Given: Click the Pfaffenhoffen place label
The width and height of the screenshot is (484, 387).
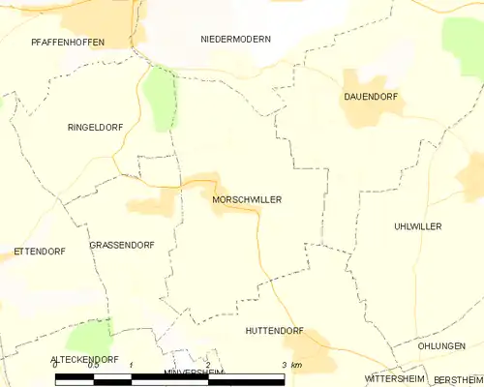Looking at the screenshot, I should [x=68, y=43].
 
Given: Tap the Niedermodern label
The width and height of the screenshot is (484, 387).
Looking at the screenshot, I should [x=235, y=39].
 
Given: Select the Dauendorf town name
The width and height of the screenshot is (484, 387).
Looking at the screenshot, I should [x=371, y=97].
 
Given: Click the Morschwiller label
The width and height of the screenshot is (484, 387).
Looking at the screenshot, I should [x=246, y=199].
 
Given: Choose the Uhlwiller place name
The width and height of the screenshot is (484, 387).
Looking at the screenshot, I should [x=418, y=225].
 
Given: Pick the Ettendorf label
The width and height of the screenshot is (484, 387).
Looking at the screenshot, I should [x=39, y=252].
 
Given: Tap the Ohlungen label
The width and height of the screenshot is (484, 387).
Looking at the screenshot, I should [x=440, y=345].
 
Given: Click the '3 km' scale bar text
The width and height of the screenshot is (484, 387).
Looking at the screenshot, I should [x=291, y=365].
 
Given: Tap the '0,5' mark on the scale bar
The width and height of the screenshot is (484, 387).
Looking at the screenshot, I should [x=93, y=365].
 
